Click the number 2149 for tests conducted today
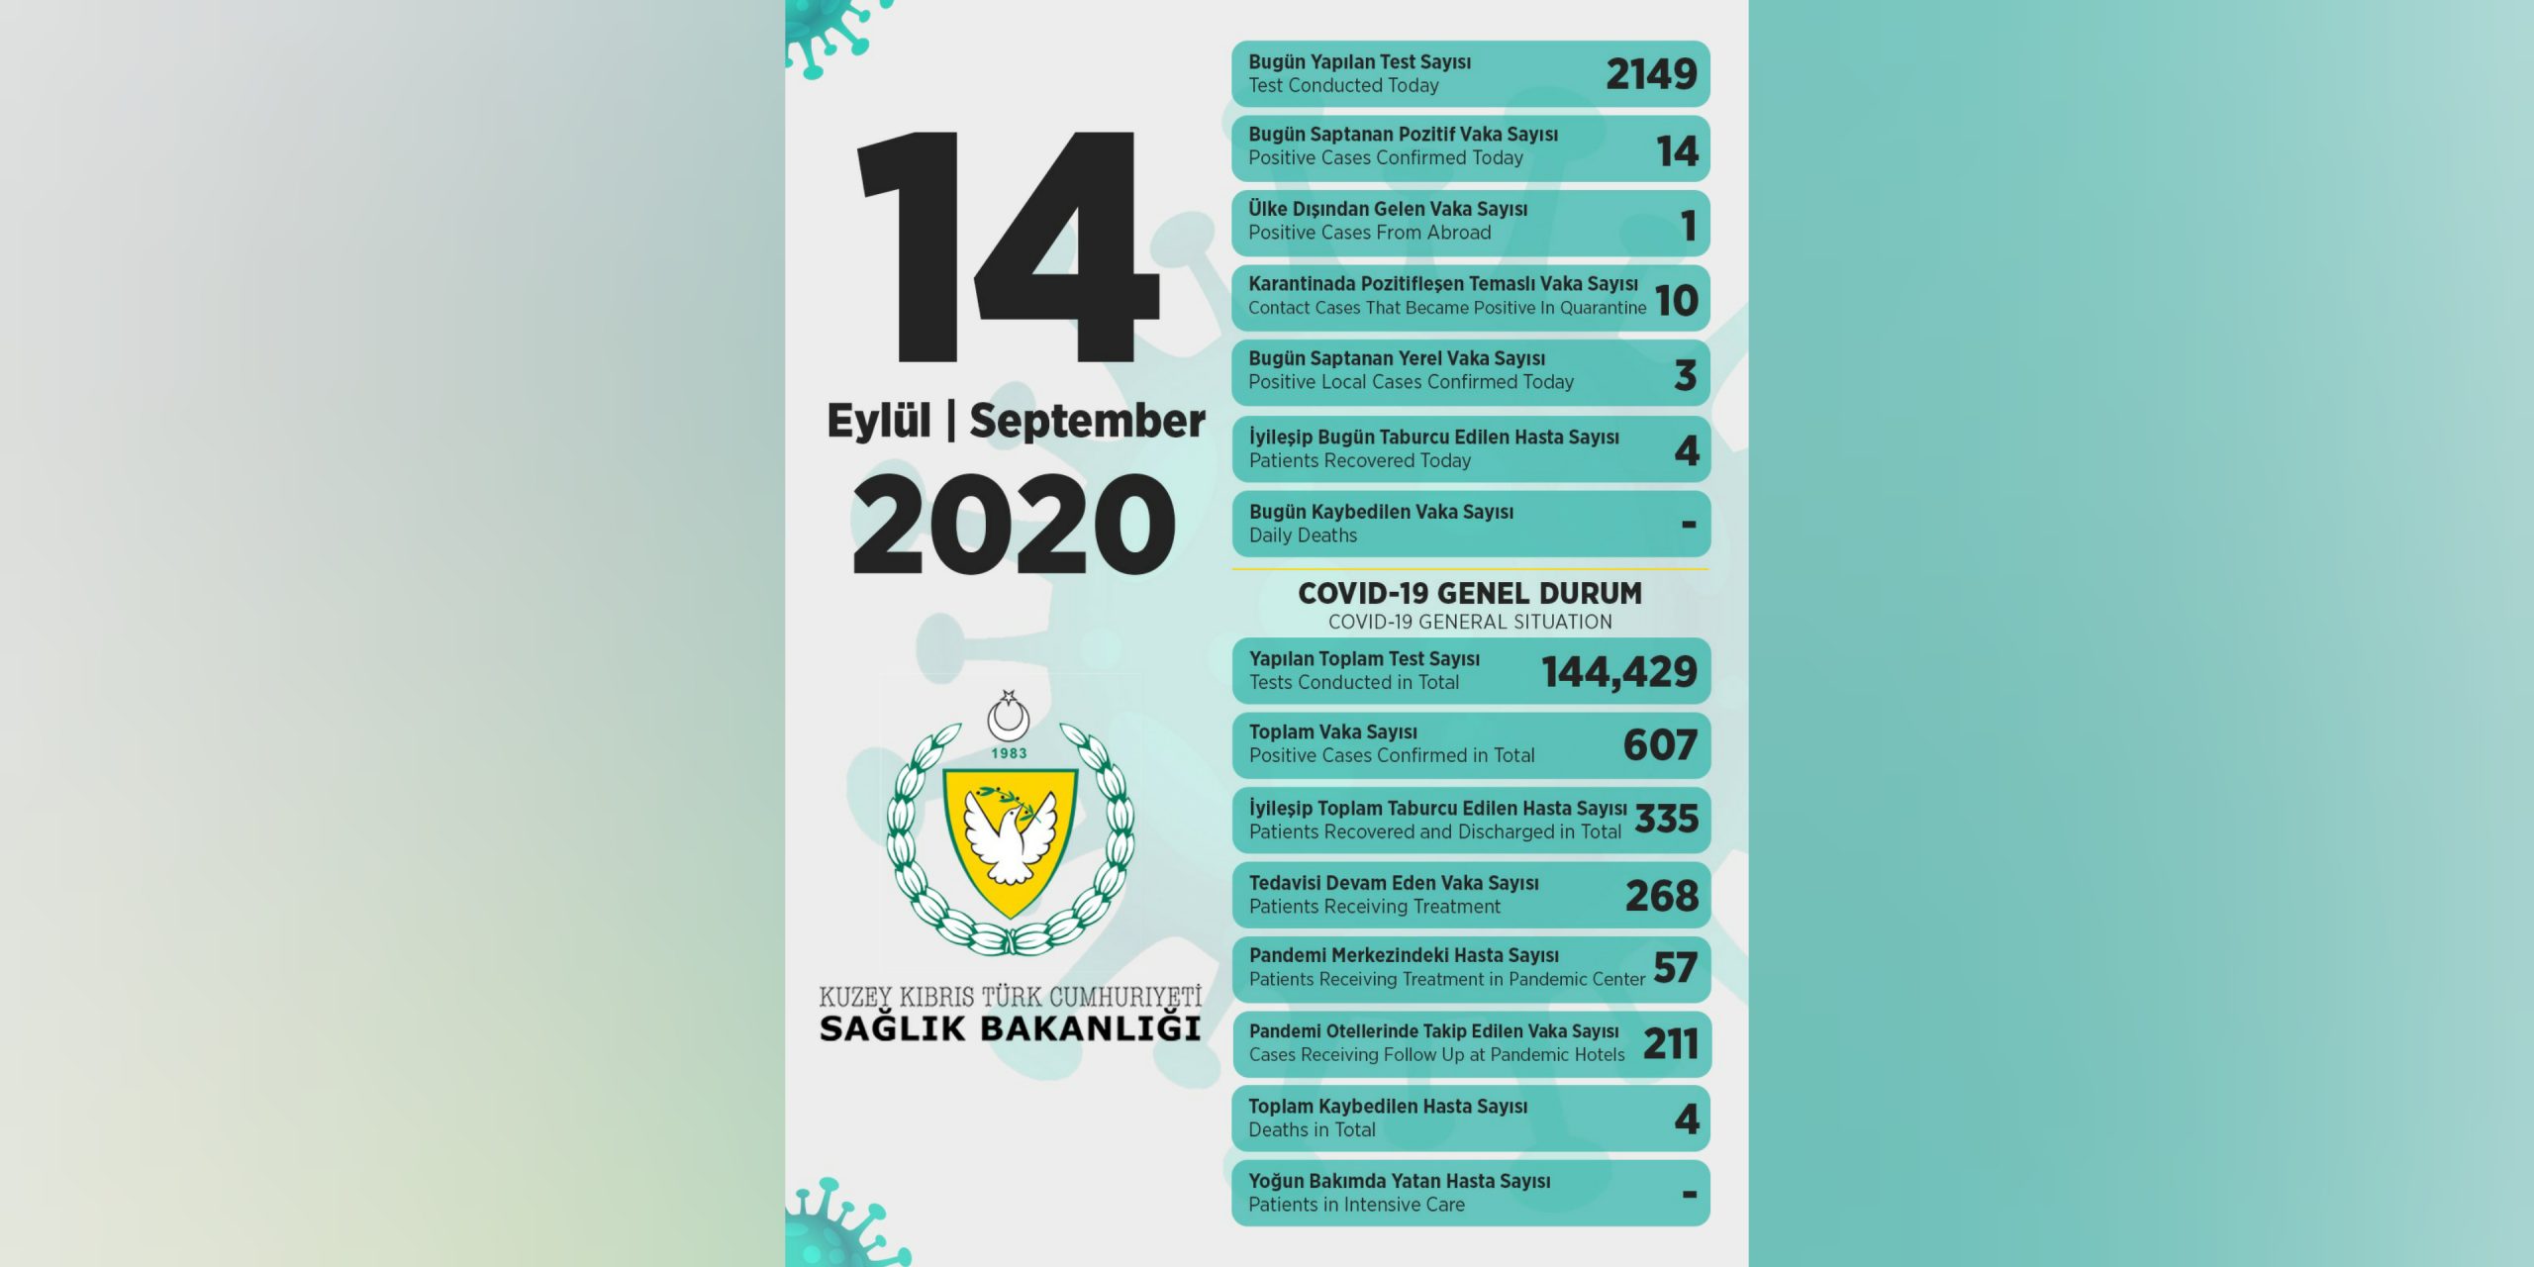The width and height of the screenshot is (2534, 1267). point(1650,74)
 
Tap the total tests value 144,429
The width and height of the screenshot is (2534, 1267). point(1618,672)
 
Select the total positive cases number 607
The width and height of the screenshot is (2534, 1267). point(1660,745)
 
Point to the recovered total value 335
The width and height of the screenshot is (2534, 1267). point(1667,820)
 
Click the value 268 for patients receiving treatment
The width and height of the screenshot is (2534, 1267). point(1661,896)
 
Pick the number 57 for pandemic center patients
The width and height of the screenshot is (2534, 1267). point(1675,968)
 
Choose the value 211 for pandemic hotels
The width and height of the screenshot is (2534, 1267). point(1670,1044)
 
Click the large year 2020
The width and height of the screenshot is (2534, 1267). point(1014,525)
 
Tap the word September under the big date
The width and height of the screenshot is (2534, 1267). point(1087,421)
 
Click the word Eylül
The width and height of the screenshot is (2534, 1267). point(878,421)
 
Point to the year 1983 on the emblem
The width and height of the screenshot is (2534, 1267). point(1009,753)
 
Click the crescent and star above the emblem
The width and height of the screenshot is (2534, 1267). point(1009,715)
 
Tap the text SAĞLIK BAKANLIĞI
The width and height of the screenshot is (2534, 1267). point(1010,1028)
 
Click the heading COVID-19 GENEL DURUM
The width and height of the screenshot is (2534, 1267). point(1470,593)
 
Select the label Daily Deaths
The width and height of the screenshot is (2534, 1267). point(1303,536)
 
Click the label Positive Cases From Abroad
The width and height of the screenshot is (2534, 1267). point(1369,233)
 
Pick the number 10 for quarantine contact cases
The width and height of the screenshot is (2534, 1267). point(1676,301)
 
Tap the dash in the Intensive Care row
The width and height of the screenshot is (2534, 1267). point(1689,1195)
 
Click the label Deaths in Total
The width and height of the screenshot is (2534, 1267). point(1312,1130)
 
